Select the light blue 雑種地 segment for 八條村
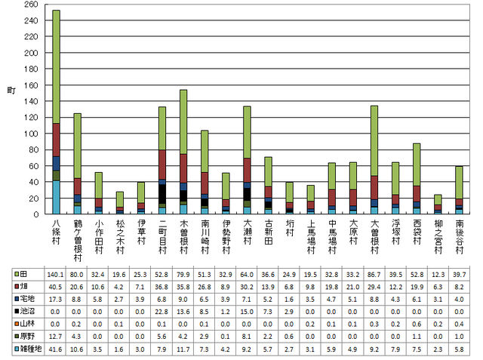[x=56, y=198]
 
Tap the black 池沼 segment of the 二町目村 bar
[x=162, y=195]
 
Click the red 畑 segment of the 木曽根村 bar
[x=183, y=168]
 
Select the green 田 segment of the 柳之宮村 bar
[x=438, y=199]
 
